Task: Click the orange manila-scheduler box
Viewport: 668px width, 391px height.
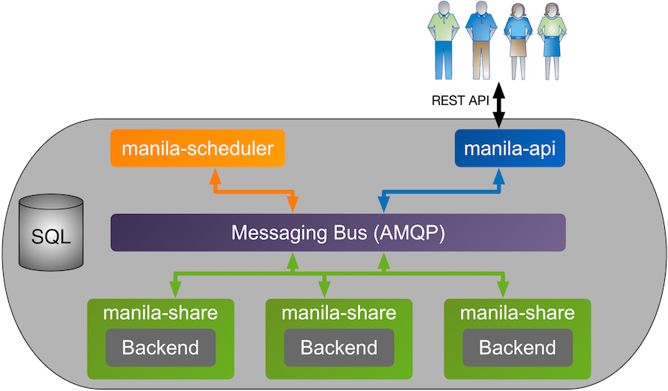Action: click(197, 148)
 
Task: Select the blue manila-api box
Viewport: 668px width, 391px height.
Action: click(510, 148)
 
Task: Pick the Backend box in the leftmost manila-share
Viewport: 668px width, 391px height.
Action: click(161, 347)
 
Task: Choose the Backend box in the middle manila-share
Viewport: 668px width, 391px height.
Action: click(339, 347)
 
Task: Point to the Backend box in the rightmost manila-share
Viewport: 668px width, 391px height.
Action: click(517, 347)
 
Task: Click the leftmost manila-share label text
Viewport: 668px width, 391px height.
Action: click(161, 313)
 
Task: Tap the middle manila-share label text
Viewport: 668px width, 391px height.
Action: click(339, 313)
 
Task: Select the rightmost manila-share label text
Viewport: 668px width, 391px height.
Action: click(517, 313)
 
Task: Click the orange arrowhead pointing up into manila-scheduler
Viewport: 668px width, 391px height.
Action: click(215, 173)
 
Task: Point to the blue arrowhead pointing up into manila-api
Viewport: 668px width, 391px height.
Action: click(498, 173)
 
